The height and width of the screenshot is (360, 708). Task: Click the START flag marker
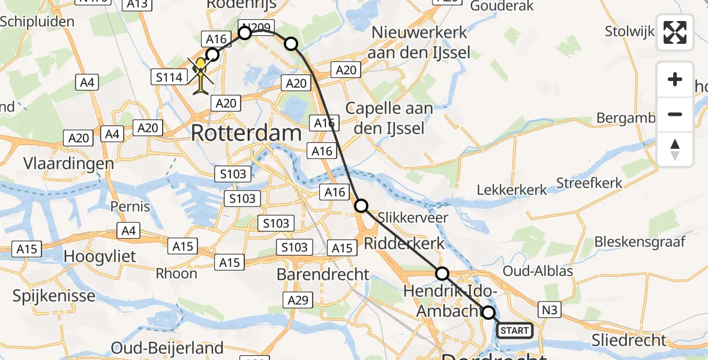click(514, 330)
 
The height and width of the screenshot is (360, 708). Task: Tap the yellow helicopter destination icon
click(201, 76)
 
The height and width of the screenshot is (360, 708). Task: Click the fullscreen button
click(675, 32)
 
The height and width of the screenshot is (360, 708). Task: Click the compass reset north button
click(675, 149)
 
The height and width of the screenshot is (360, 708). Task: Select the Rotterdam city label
click(246, 133)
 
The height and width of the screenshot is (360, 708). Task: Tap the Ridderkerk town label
click(405, 243)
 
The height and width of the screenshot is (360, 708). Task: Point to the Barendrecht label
click(323, 274)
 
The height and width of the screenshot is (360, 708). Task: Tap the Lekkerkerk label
click(512, 190)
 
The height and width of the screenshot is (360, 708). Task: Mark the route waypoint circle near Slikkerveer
click(361, 206)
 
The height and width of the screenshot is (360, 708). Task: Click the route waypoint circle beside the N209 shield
click(245, 32)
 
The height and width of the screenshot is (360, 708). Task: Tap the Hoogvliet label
click(100, 256)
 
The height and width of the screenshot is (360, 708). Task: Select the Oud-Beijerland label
click(167, 348)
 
